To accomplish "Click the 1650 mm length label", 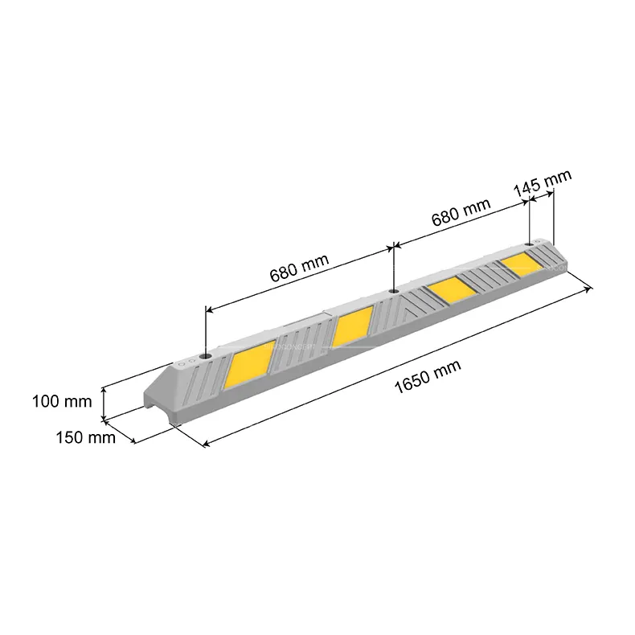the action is click(x=428, y=376).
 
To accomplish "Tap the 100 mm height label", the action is click(x=62, y=401).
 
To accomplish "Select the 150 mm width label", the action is click(x=85, y=437).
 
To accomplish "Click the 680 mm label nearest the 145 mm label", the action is click(x=461, y=212).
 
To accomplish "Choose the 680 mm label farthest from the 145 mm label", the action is click(x=299, y=268).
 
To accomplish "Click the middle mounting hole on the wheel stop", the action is click(x=393, y=291).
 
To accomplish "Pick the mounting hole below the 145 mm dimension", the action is click(x=530, y=244).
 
